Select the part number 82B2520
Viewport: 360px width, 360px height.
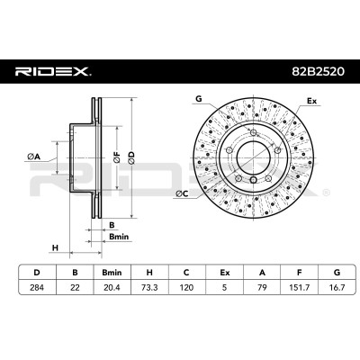point(319,72)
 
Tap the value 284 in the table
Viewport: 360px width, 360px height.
point(37,287)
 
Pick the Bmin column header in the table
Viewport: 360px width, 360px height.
point(112,273)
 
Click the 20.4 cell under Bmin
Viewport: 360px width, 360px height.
point(112,287)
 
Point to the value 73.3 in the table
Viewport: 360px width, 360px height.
point(149,287)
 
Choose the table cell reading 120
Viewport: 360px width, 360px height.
point(186,287)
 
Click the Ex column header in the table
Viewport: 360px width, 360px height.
point(224,273)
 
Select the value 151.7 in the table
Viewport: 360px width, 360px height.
point(299,287)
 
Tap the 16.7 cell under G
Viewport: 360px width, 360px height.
point(337,287)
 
